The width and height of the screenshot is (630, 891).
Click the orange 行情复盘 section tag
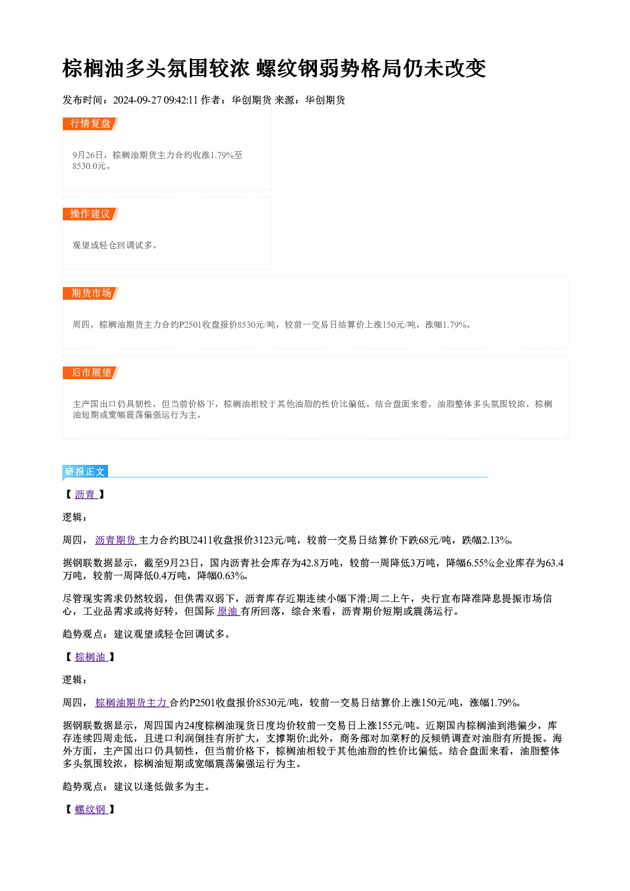[x=91, y=124]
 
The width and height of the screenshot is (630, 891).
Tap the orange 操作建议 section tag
[x=91, y=214]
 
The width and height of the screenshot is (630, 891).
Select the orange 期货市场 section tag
[x=91, y=293]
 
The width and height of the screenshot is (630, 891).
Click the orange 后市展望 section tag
[x=91, y=373]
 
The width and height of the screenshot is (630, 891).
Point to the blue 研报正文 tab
[x=85, y=472]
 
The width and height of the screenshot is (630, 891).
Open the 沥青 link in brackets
[x=86, y=495]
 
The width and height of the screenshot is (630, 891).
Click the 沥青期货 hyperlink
[x=116, y=540]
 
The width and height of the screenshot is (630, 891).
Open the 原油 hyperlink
[x=228, y=612]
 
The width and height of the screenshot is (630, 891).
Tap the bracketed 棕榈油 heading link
[x=91, y=657]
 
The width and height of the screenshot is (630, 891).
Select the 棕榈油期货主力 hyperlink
[x=131, y=703]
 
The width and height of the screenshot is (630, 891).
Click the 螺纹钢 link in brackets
[x=91, y=810]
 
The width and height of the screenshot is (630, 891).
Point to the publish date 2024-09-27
[x=137, y=100]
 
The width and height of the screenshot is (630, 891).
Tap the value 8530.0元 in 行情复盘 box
[x=89, y=166]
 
